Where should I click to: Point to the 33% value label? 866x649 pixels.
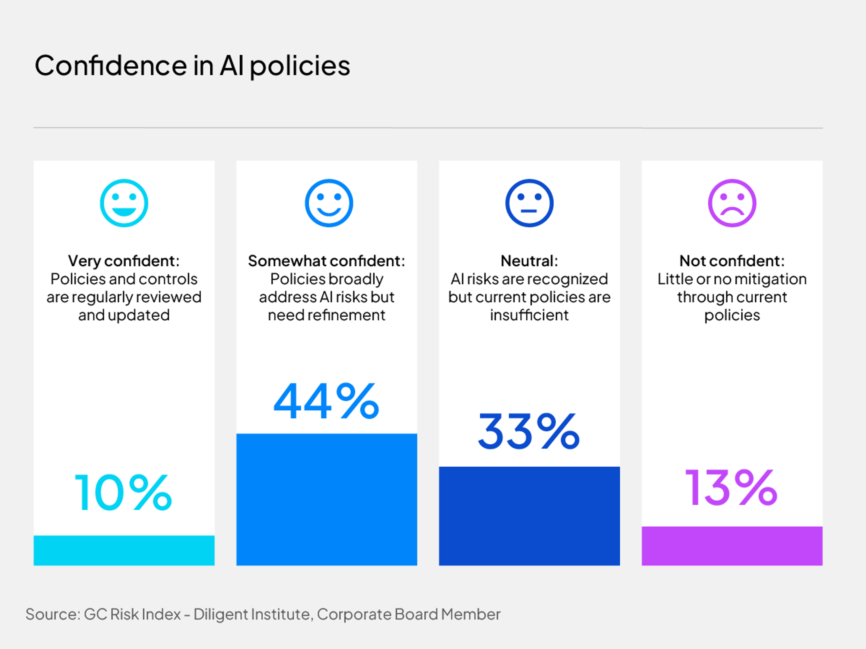pos(529,432)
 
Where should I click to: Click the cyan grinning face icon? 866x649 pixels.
pos(124,203)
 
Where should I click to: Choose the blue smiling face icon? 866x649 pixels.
pos(329,203)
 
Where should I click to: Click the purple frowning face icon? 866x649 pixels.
pos(732,203)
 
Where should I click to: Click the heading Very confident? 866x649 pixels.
pos(124,261)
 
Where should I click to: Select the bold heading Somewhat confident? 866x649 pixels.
pos(327,261)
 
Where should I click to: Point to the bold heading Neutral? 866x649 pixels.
pos(529,261)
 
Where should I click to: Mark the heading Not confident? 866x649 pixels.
pos(732,261)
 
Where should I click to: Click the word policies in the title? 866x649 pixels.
pos(300,66)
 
